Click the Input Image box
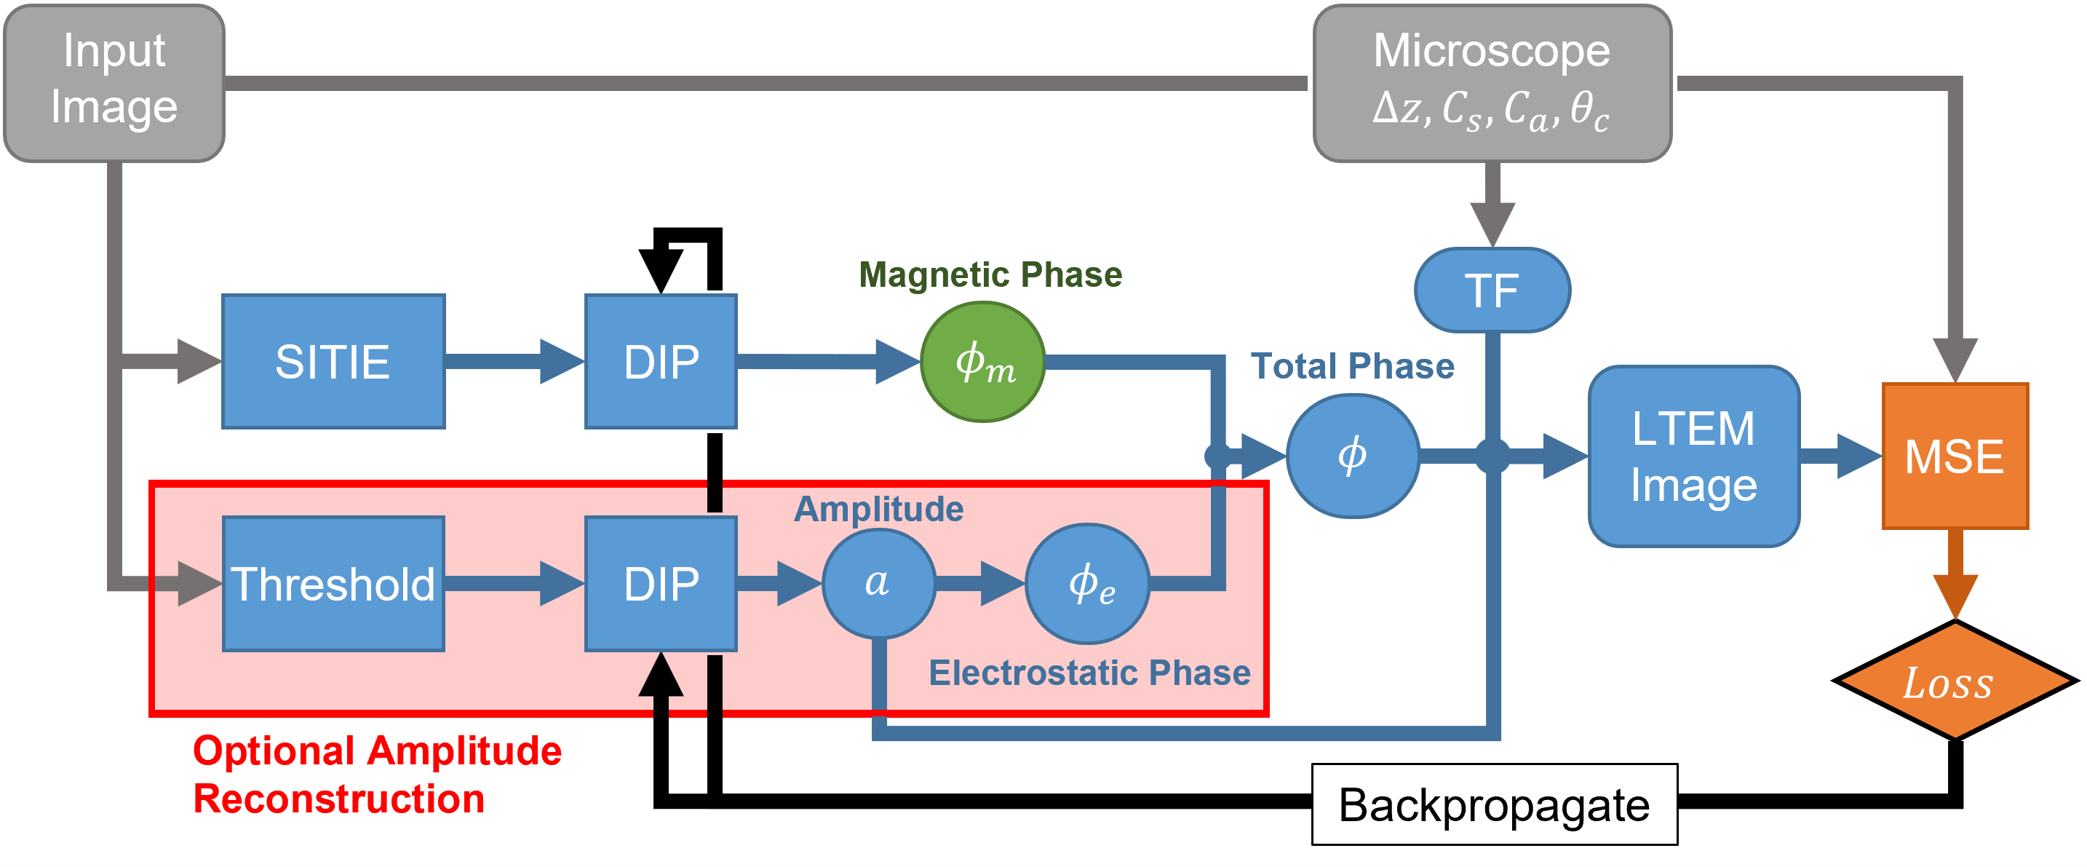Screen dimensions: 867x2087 (x=114, y=83)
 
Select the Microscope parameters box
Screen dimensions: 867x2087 (x=1492, y=83)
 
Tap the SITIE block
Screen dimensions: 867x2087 (x=333, y=361)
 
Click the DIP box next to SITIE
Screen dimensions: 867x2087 (x=660, y=361)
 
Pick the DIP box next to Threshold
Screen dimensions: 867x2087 (x=660, y=583)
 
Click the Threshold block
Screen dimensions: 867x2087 (x=333, y=583)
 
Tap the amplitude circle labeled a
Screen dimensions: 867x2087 (x=878, y=583)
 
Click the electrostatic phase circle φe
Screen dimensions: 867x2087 (x=1087, y=583)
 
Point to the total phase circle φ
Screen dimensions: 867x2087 (x=1352, y=456)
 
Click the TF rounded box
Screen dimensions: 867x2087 (x=1492, y=290)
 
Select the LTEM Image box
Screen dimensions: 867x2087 (x=1693, y=456)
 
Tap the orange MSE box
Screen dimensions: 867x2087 (x=1954, y=456)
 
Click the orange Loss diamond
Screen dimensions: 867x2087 (x=1954, y=681)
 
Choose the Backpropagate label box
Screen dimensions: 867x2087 (x=1493, y=804)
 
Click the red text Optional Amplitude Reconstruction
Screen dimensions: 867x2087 (x=377, y=774)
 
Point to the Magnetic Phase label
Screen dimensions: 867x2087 (x=990, y=274)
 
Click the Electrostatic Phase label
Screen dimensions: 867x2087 (x=1089, y=673)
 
